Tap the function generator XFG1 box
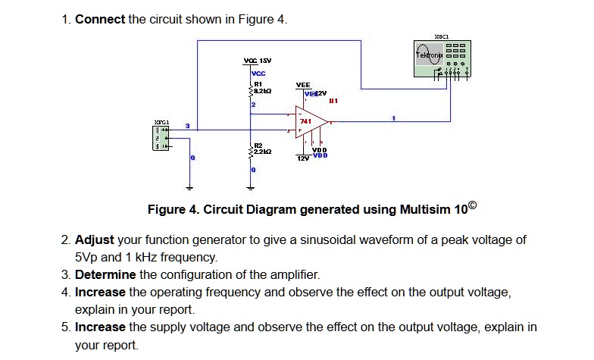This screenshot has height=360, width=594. pos(161,136)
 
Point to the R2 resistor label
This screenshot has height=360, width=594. pos(258,144)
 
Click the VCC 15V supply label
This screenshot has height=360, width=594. pos(258,60)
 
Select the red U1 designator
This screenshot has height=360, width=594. pos(333,99)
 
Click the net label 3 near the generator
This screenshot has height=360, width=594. pos(189,126)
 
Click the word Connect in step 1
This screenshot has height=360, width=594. pos(100,19)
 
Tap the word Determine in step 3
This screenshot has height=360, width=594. pos(105,274)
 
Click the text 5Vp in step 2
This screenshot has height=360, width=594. pos(89,257)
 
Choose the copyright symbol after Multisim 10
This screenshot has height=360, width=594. pos(476,206)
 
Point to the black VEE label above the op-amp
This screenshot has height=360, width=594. pos(303,86)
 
